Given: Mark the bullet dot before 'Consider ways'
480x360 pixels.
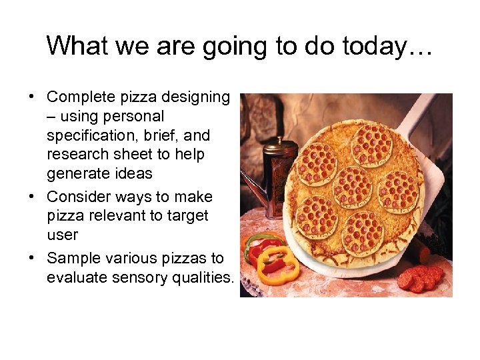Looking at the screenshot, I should (31, 197).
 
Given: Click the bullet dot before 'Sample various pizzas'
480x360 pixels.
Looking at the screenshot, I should (31, 259).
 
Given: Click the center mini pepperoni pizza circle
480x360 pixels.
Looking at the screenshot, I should (352, 187).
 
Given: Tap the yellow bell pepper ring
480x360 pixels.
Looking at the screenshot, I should (275, 264).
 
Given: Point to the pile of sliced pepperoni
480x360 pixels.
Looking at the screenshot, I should (421, 277).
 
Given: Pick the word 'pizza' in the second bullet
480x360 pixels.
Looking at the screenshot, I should (65, 216).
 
